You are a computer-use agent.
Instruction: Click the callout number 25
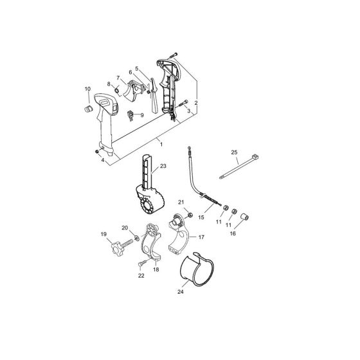point(234,152)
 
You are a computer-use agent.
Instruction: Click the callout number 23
point(163,166)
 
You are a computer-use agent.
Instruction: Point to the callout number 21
point(182,203)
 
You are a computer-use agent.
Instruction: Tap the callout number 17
point(201,237)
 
